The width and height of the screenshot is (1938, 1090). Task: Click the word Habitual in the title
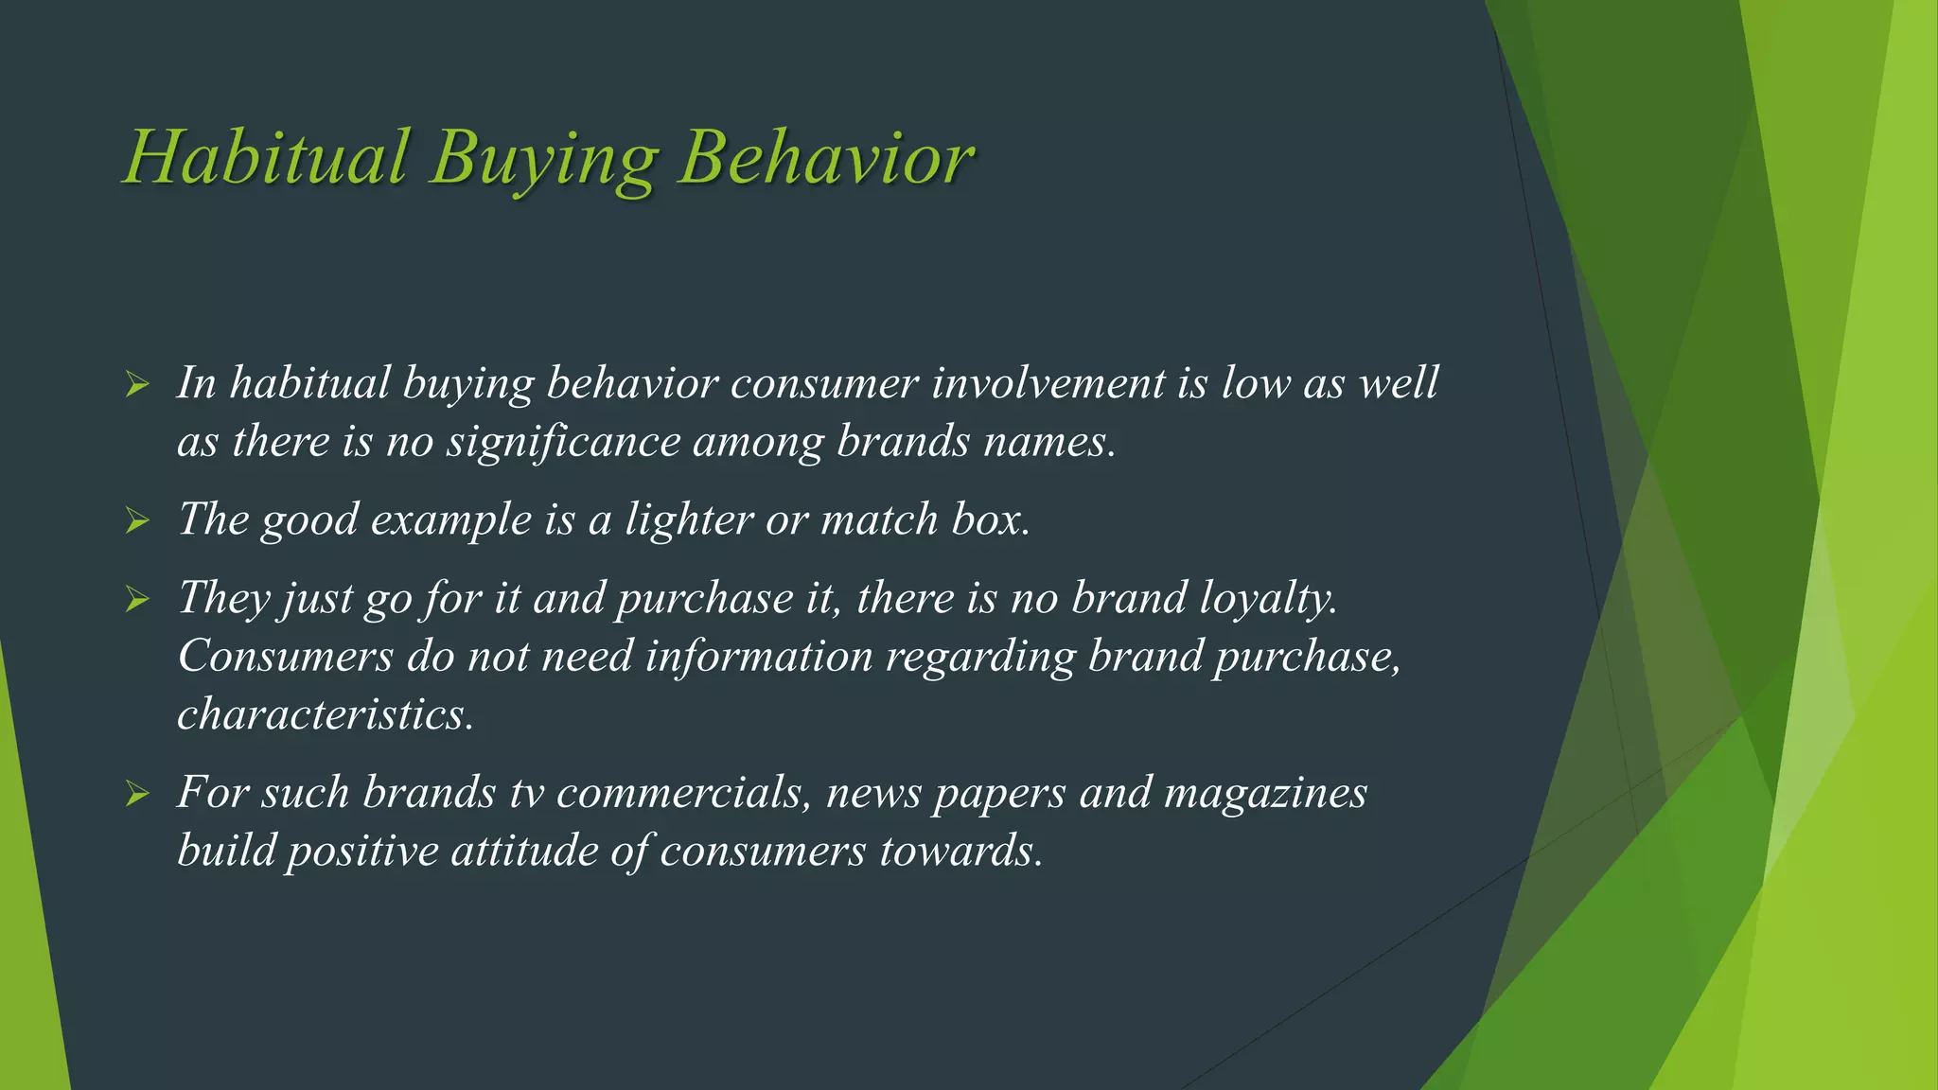267,158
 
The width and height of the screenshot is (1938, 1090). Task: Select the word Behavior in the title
825,158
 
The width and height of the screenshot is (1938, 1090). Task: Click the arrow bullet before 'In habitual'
138,384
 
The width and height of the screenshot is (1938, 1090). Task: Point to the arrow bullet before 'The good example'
138,520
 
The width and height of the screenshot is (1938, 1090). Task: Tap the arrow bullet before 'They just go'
138,599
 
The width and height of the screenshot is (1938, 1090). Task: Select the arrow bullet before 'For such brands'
138,794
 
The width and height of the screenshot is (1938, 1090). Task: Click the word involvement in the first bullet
1048,384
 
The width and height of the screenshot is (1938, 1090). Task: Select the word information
758,657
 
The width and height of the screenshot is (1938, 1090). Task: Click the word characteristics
325,715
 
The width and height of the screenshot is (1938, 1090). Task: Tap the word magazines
1265,794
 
